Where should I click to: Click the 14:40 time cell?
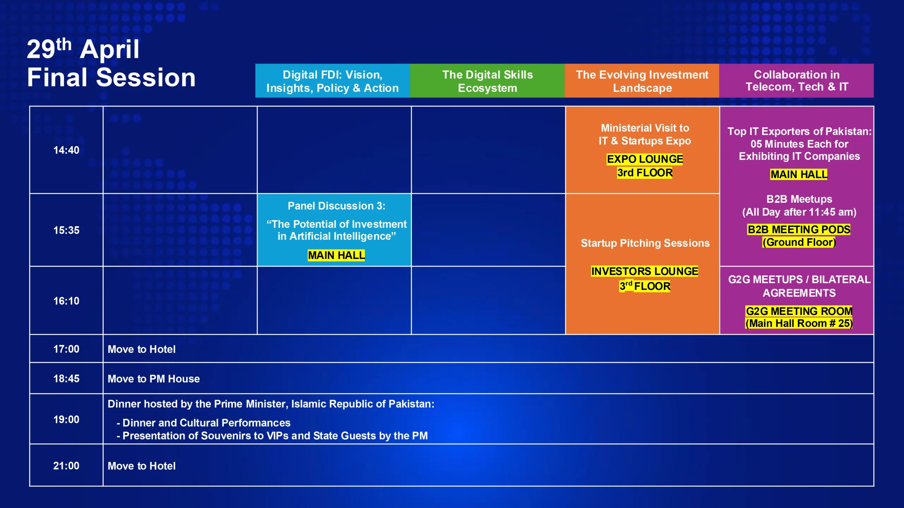(x=66, y=150)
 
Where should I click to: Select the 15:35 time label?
(x=66, y=230)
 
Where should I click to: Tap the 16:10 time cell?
(x=66, y=301)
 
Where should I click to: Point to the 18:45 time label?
(x=66, y=379)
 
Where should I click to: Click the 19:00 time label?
(x=66, y=419)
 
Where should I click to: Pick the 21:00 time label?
(x=66, y=466)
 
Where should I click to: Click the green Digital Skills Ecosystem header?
(x=487, y=81)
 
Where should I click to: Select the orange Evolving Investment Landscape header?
(x=642, y=81)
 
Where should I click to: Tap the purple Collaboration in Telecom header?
(x=797, y=81)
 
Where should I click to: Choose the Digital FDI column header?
(x=333, y=81)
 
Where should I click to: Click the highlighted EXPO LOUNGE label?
(x=645, y=159)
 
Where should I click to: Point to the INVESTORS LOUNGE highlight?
(x=645, y=271)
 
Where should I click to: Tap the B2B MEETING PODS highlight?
(x=799, y=230)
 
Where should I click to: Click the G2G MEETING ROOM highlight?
(x=799, y=311)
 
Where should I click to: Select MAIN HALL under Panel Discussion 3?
(x=336, y=255)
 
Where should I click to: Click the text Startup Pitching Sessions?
(x=645, y=243)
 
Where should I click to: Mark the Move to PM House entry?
(x=154, y=379)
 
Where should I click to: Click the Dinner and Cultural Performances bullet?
(x=203, y=423)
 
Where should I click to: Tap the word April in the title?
(x=109, y=50)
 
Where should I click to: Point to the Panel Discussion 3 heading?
(x=337, y=206)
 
